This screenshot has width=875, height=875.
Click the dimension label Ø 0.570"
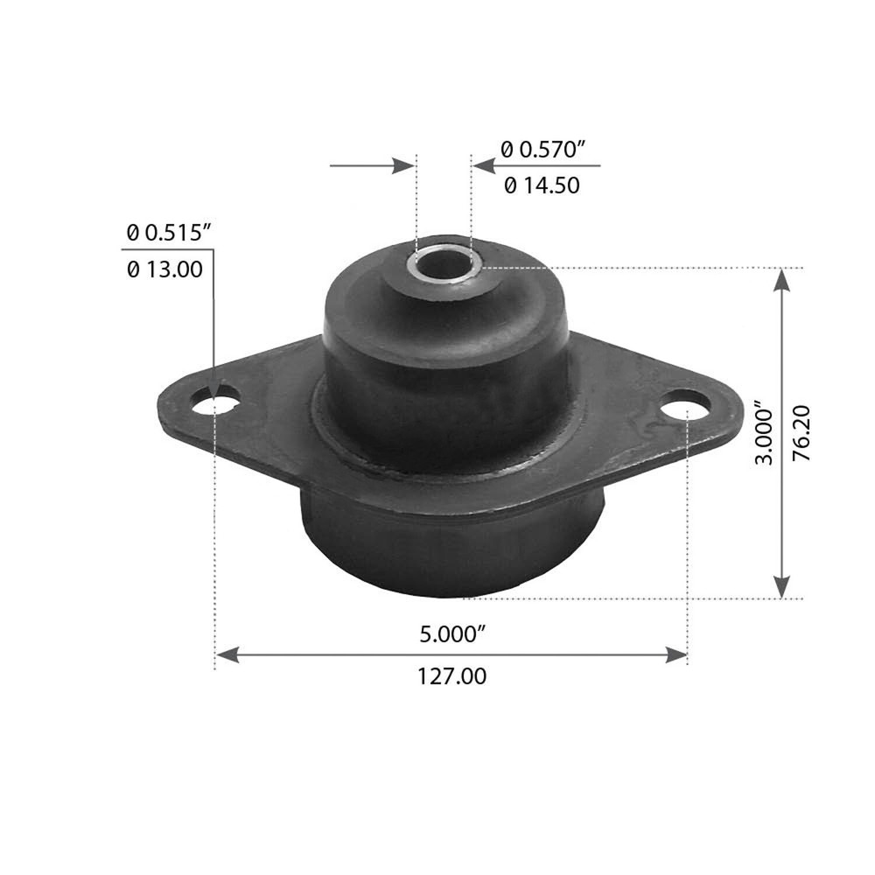tap(542, 150)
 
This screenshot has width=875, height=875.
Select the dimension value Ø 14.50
tap(542, 185)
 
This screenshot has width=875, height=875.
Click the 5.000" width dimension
tap(451, 634)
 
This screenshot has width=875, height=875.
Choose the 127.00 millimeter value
tap(451, 675)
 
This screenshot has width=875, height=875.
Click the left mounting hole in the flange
tap(216, 402)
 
